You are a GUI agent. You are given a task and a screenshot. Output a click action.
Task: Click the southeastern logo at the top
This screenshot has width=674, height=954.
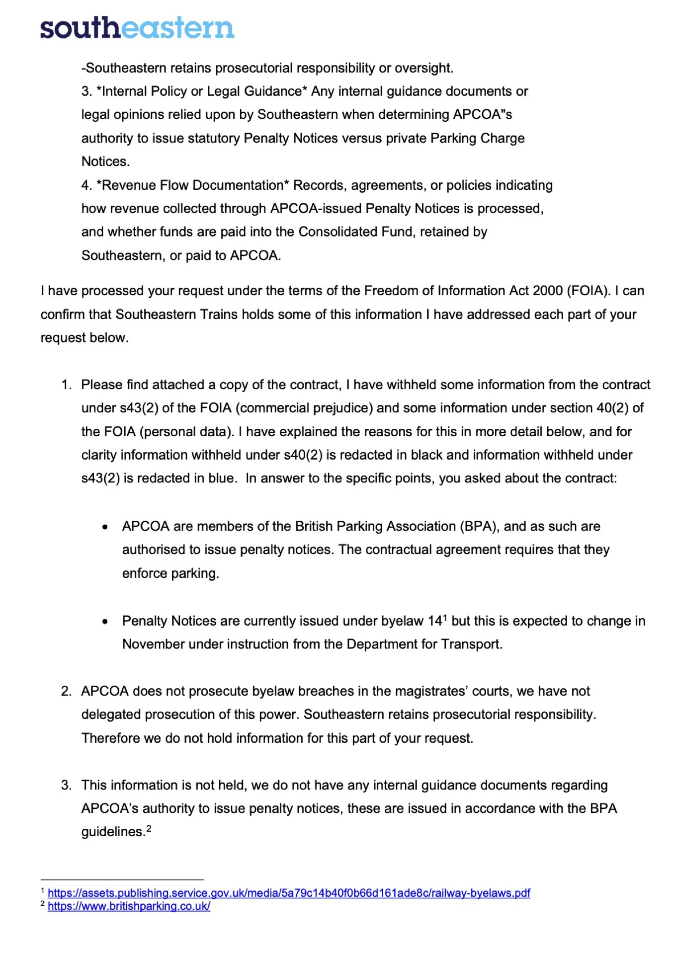pyautogui.click(x=137, y=28)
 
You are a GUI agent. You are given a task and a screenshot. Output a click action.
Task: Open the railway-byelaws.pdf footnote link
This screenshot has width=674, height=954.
pyautogui.click(x=289, y=893)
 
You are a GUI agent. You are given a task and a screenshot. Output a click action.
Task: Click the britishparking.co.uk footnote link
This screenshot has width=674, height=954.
pyautogui.click(x=129, y=906)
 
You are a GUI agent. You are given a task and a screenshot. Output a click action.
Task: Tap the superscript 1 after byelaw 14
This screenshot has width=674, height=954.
pyautogui.click(x=445, y=618)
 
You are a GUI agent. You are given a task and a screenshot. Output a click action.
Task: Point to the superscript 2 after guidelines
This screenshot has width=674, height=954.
pyautogui.click(x=149, y=828)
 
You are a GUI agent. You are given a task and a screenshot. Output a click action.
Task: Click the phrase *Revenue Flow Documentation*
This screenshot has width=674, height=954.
pyautogui.click(x=193, y=185)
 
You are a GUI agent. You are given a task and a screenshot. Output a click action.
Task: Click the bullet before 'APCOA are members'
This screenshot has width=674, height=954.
pyautogui.click(x=105, y=527)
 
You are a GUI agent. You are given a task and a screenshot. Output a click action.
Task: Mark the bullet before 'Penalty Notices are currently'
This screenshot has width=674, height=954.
pyautogui.click(x=105, y=621)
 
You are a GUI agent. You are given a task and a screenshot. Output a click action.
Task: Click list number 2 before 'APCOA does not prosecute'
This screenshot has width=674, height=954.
pyautogui.click(x=66, y=691)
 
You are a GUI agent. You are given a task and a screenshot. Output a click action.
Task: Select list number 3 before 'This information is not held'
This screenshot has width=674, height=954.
pyautogui.click(x=66, y=785)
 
